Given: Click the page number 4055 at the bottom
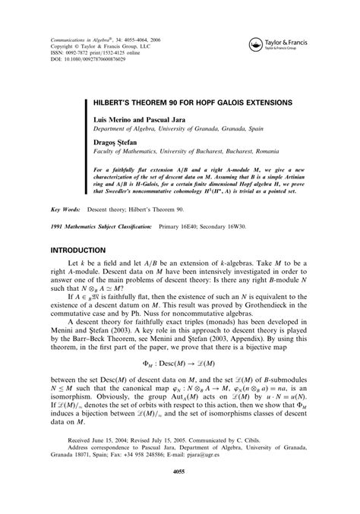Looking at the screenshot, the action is click(179, 493).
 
